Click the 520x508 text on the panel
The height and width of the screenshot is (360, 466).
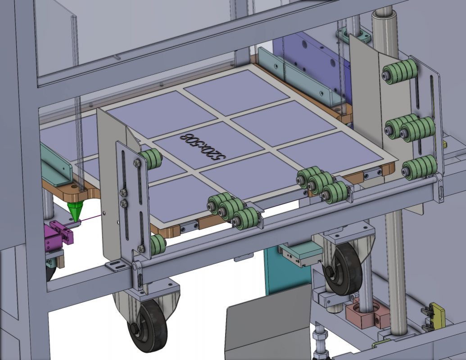[202, 147]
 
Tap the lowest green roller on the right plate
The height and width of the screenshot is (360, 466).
[420, 167]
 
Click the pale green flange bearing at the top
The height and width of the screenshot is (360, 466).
[353, 35]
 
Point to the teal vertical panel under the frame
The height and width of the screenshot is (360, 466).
[284, 274]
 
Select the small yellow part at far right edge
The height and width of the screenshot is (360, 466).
[444, 144]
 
